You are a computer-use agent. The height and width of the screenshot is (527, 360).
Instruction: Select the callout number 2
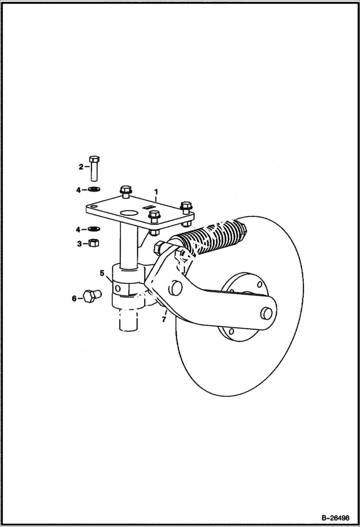coord(81,167)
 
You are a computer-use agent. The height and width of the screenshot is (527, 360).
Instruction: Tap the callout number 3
coord(79,244)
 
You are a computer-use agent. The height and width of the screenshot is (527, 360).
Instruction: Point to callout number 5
coord(102,273)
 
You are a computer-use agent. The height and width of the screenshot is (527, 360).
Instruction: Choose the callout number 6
coord(74,298)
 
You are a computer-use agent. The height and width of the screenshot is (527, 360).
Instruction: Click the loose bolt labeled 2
coord(95,169)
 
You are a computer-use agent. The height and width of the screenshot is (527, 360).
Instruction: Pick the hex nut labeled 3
coord(94,243)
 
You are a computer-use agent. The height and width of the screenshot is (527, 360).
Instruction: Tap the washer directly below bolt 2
coord(94,190)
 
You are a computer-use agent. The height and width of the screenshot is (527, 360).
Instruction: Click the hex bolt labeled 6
coord(90,296)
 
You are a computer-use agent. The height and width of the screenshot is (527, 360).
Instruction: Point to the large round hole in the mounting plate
coord(128,212)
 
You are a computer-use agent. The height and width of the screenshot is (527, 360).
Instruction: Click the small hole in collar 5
coord(116,288)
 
